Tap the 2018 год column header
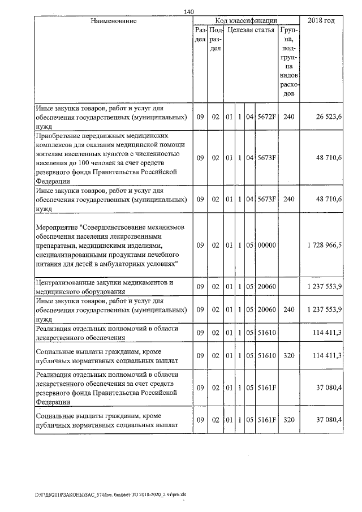click(321, 21)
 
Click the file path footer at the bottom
click(84, 493)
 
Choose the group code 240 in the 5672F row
click(289, 117)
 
